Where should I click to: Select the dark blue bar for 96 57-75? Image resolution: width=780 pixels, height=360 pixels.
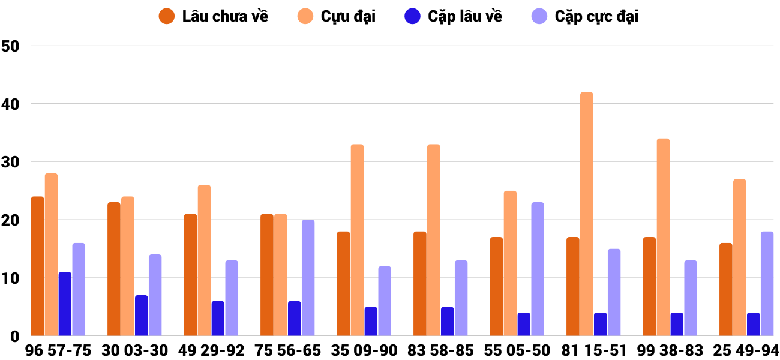click(65, 304)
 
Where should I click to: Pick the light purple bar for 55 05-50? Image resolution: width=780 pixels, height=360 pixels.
click(537, 269)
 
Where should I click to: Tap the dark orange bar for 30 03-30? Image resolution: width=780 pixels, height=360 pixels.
click(113, 269)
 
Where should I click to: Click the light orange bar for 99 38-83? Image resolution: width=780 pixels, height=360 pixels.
click(663, 238)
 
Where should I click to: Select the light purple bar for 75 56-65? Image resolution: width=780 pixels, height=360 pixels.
click(308, 278)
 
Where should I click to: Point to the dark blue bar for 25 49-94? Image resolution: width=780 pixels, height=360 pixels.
click(753, 325)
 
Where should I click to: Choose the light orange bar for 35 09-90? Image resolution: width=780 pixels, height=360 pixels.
click(357, 240)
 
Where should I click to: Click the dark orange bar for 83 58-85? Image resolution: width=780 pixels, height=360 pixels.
click(419, 284)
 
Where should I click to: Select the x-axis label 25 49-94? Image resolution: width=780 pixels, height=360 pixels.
click(746, 350)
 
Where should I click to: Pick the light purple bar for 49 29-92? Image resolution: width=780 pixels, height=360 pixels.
click(232, 298)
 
